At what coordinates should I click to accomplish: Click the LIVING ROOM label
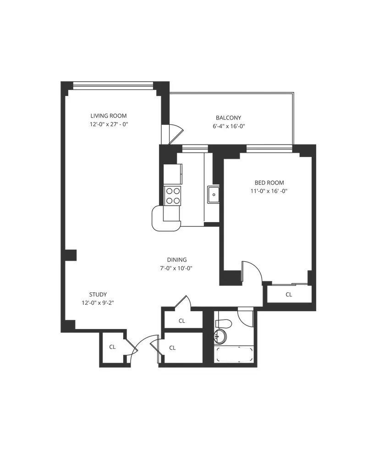(x=108, y=116)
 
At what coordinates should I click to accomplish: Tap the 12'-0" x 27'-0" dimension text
(x=108, y=124)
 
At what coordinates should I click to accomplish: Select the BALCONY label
(x=228, y=118)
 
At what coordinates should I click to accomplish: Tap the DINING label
(x=176, y=260)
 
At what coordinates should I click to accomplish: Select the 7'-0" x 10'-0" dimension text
(x=176, y=268)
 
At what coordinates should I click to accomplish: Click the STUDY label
(x=98, y=294)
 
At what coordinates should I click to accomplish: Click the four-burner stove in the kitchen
(x=173, y=196)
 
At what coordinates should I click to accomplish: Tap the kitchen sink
(x=213, y=195)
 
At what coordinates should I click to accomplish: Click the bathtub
(x=235, y=355)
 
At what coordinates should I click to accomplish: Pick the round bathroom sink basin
(x=220, y=336)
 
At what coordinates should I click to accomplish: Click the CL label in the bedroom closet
(x=289, y=295)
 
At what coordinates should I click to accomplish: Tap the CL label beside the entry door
(x=112, y=347)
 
